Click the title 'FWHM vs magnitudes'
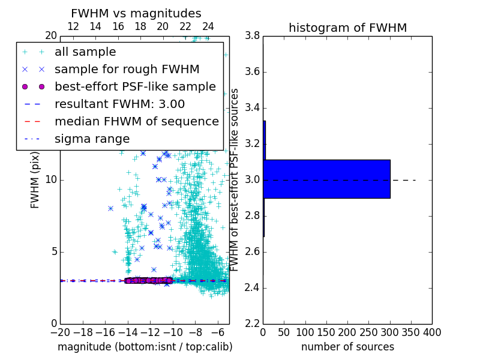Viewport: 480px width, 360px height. tap(136, 14)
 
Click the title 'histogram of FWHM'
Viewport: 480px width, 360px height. tap(347, 28)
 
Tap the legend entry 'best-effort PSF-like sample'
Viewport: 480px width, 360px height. tap(135, 86)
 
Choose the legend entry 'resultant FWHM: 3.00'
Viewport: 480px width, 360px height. tap(119, 104)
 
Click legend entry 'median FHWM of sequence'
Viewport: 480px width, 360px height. tap(136, 121)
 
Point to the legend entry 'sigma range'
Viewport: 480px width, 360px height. tap(92, 139)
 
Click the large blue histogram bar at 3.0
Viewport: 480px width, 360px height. tap(326, 179)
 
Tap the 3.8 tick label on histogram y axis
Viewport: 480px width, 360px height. tap(252, 36)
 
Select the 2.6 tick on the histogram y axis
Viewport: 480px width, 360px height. tap(252, 251)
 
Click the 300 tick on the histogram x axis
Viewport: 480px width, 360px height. tap(389, 332)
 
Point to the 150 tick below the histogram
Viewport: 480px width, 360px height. tap(326, 332)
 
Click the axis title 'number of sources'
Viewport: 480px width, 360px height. tap(347, 347)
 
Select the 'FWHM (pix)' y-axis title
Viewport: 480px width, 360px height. tap(35, 179)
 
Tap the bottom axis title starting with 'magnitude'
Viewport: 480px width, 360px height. tap(145, 347)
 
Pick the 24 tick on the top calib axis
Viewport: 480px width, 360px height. tap(208, 26)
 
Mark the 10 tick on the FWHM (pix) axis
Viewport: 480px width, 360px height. tap(50, 179)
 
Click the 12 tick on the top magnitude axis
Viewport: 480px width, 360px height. tap(73, 26)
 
